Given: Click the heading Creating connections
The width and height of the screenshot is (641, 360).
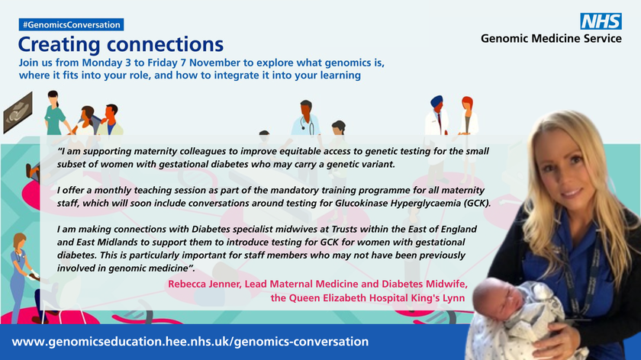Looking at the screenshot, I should click(x=121, y=45).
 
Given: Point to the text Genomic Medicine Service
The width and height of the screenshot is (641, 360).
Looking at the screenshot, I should click(x=551, y=38).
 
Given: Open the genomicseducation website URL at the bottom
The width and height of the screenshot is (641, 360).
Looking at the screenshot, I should click(x=191, y=342).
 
